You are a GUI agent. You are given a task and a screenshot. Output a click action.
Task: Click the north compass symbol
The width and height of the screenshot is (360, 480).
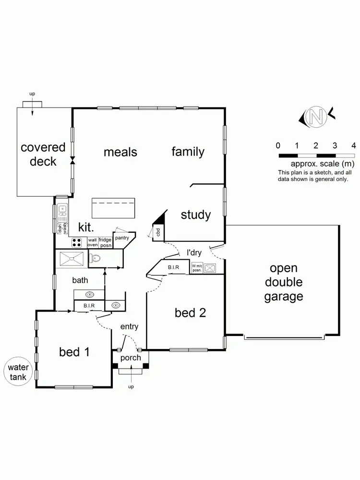coord(315,116)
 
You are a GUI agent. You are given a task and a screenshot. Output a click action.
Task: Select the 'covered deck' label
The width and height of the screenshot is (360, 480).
coord(43,154)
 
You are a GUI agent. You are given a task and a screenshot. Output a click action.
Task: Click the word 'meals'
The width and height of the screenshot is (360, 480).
coord(120,152)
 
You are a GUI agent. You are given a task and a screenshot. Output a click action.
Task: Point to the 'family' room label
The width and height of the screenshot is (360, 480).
coord(188,152)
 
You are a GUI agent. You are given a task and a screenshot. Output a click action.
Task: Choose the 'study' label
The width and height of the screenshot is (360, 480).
coord(195,215)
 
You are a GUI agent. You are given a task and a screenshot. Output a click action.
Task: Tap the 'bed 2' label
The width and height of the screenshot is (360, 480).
coord(190,313)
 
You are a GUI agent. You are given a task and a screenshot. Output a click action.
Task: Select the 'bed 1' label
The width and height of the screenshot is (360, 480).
coord(74,352)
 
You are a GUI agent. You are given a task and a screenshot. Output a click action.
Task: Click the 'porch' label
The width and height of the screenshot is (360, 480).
coord(131,358)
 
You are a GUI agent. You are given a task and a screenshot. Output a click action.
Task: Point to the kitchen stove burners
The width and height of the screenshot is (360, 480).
coord(76,242)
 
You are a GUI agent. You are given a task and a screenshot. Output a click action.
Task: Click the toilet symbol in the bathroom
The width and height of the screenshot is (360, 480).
coord(95,259)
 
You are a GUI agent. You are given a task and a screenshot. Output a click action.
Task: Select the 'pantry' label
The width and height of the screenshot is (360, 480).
coord(121,237)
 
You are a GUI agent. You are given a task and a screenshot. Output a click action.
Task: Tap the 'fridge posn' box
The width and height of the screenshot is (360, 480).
coord(105,242)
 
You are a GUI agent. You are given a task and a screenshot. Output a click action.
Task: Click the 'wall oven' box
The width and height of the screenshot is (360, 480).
coord(92,242)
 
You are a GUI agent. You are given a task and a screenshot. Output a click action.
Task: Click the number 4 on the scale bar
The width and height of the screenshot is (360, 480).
coord(353,145)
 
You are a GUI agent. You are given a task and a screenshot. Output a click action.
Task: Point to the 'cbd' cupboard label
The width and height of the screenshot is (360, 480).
coord(158,233)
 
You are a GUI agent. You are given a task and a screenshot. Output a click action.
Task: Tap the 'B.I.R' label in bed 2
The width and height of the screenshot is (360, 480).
coord(173,267)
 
